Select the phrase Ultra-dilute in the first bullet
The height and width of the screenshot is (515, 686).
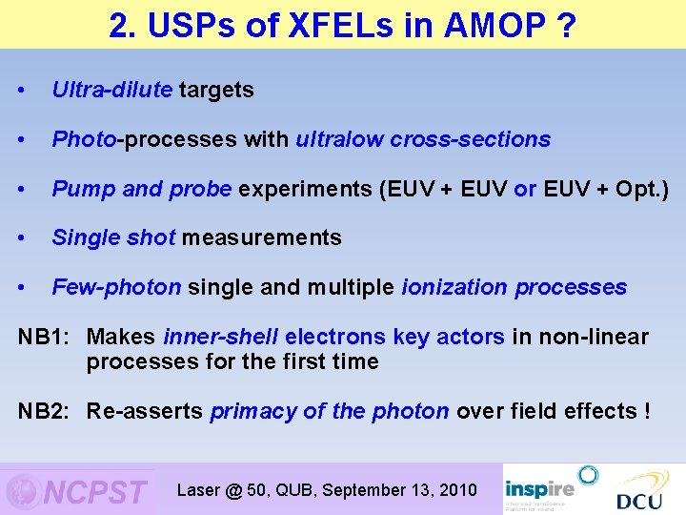(x=112, y=91)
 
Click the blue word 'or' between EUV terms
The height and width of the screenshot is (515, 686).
(x=525, y=189)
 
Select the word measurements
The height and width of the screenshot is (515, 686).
(x=261, y=237)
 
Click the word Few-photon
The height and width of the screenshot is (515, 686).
(x=116, y=287)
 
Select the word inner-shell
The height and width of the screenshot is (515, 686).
(x=221, y=337)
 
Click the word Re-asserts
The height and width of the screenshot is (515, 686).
(x=145, y=411)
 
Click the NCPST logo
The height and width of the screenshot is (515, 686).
(x=78, y=490)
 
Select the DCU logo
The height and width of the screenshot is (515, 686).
(x=639, y=491)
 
